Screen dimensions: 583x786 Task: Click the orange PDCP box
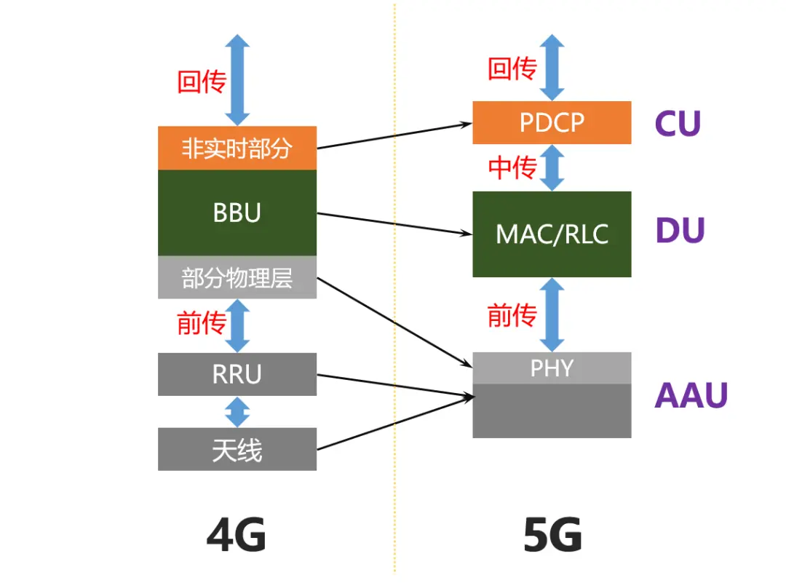pos(552,122)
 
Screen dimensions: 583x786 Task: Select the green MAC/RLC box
pos(552,234)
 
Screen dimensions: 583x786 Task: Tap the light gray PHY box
pos(552,368)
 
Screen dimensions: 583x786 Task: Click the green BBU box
pos(237,213)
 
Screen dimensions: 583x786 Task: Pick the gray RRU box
pos(237,374)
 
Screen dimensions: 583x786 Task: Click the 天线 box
pos(237,449)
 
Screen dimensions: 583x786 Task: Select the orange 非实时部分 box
pos(237,148)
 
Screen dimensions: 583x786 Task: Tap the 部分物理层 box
pos(237,277)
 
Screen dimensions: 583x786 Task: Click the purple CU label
pos(678,124)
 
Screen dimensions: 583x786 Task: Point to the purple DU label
pos(680,231)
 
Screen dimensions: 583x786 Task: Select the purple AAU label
pos(691,395)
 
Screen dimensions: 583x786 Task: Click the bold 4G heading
pos(237,537)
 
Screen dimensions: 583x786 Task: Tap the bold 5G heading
pos(552,537)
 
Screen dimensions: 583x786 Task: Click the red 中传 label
pos(512,167)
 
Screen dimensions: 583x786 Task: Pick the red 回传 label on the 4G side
pos(202,81)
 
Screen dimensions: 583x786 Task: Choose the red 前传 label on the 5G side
pos(512,315)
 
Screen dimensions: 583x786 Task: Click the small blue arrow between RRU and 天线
pos(237,412)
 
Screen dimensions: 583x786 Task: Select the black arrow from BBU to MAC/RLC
pos(393,223)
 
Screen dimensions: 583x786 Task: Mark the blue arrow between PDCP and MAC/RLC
pos(552,167)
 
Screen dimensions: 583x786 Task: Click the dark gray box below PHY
pos(552,411)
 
